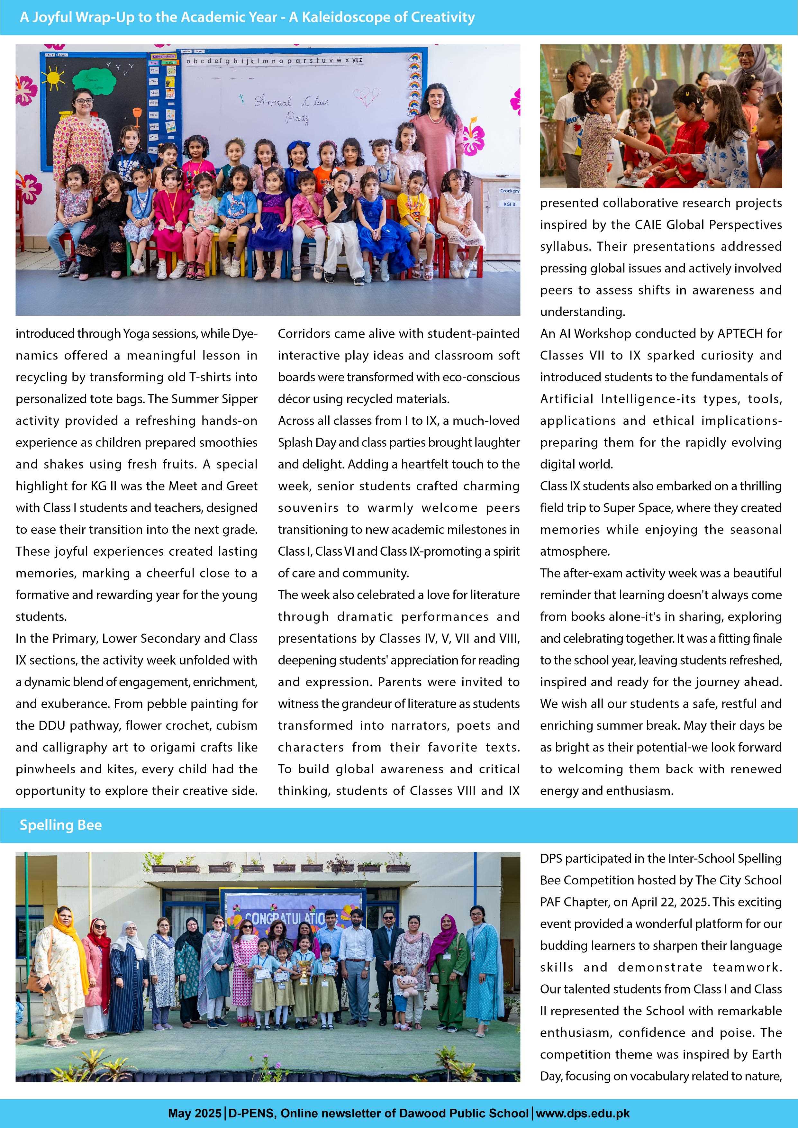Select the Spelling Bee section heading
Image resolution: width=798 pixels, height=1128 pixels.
[x=60, y=825]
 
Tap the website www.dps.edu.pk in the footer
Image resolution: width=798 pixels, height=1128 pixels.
[x=583, y=1113]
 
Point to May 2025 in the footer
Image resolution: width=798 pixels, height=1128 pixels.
[x=195, y=1113]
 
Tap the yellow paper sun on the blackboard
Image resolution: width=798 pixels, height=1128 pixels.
[x=53, y=77]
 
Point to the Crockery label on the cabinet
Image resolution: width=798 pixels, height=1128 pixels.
[x=509, y=191]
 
